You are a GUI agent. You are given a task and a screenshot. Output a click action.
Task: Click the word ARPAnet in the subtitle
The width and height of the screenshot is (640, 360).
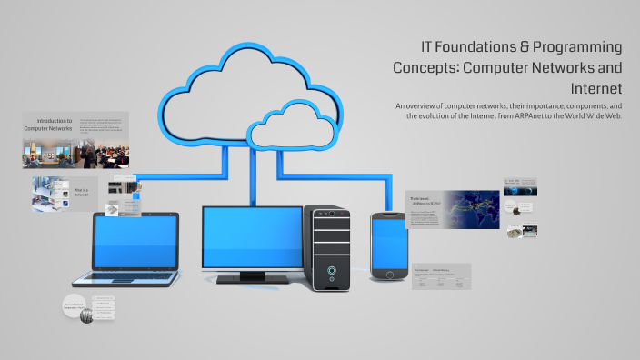coord(531,116)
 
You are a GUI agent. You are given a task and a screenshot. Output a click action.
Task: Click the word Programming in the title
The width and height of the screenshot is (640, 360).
coord(577,47)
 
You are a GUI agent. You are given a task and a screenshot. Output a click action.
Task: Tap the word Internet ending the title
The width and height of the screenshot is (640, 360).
coord(596,88)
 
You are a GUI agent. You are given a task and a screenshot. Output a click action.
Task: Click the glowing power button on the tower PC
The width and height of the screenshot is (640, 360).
coord(332,270)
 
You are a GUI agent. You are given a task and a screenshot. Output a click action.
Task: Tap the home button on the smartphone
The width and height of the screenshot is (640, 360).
coord(388,275)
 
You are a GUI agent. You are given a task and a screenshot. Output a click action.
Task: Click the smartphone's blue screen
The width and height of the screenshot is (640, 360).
coord(388,242)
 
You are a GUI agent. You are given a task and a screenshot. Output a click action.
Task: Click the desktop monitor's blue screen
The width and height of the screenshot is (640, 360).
coord(252,235)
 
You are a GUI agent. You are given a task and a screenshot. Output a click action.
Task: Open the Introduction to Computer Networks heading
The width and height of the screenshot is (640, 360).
coord(48,125)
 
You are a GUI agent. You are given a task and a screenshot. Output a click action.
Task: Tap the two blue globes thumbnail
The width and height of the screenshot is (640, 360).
coord(520,187)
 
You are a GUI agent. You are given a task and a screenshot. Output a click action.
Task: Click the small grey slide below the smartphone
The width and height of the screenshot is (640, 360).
coord(441,276)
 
